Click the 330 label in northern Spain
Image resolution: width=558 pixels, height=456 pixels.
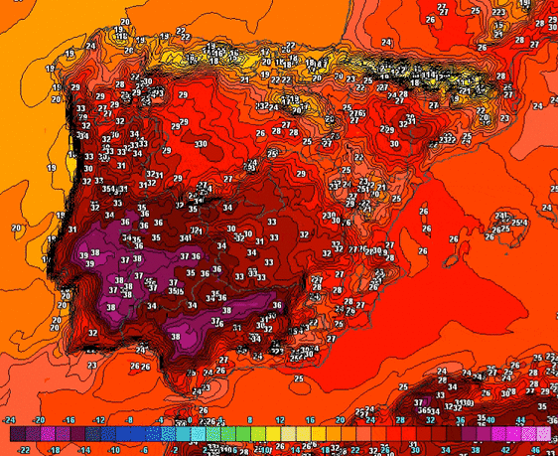(201, 144)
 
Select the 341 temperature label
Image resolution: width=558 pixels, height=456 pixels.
(185, 238)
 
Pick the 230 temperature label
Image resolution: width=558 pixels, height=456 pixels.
(329, 216)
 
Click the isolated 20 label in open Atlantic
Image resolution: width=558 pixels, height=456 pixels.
(16, 228)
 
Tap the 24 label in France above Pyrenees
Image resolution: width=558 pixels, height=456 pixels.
(386, 43)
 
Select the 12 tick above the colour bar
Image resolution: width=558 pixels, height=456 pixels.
(280, 420)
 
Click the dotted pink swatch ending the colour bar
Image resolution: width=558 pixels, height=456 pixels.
(542, 434)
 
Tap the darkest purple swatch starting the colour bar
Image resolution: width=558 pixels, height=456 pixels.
(17, 434)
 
